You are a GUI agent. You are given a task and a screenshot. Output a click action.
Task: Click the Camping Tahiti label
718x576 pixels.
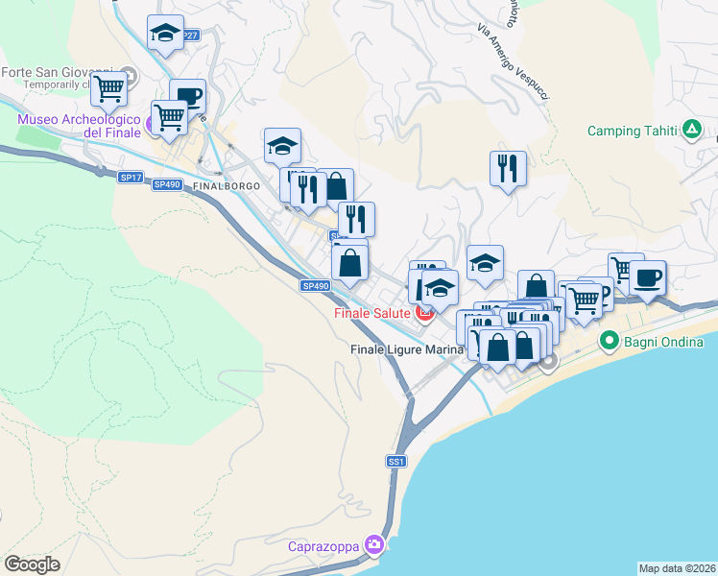[632, 131]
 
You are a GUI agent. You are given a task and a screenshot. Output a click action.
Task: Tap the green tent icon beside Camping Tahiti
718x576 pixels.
[690, 131]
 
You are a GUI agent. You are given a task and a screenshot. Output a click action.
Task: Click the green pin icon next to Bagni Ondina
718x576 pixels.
[608, 341]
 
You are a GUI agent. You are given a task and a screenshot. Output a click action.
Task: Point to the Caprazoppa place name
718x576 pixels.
[323, 547]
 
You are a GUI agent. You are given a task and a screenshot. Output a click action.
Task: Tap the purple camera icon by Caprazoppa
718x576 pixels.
[374, 546]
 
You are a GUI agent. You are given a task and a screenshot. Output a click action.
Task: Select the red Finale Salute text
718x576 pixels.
[371, 313]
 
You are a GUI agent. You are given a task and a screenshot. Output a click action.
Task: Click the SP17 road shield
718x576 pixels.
[131, 178]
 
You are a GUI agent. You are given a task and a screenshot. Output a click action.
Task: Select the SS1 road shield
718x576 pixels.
[396, 462]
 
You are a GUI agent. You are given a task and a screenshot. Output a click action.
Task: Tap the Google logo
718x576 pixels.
[32, 564]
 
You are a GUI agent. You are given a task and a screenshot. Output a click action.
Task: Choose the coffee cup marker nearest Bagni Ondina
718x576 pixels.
[647, 277]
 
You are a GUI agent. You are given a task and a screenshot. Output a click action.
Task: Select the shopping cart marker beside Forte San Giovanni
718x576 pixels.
[109, 88]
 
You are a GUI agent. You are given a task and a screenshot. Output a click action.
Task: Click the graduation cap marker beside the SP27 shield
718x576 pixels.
[166, 32]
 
